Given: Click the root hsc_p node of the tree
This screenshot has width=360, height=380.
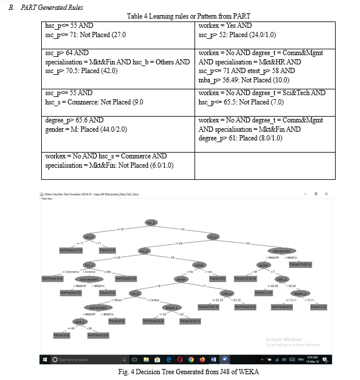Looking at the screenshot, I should point(151,223).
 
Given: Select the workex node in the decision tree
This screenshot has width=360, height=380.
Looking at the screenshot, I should point(199,265).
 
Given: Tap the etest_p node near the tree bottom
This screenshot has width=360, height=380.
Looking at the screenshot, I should point(80,321).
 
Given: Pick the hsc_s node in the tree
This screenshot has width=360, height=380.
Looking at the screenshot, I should point(89,265).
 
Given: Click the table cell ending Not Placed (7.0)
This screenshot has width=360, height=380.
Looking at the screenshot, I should point(265,97).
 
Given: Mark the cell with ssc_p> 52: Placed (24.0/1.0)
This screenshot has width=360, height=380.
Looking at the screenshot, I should point(265,30).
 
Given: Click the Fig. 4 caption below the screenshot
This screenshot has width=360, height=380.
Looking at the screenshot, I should point(180,371).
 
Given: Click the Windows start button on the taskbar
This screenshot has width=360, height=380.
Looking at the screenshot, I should point(45,360).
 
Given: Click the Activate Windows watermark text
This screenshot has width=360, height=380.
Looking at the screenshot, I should point(285,340).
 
